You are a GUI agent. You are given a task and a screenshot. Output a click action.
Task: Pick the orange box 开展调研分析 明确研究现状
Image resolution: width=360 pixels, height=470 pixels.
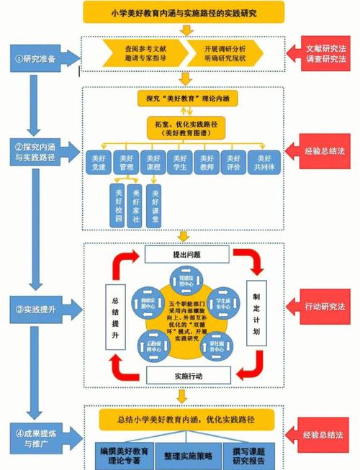pos(225,53)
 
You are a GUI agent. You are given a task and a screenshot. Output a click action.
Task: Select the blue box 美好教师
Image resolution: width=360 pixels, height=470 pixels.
pos(207,163)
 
